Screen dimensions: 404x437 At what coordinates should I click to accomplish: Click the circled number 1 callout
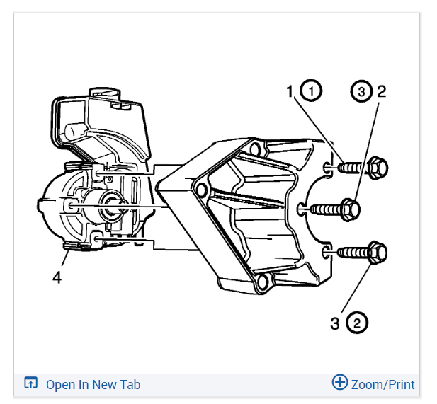(310, 91)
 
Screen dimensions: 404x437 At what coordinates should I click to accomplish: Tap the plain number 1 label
(290, 91)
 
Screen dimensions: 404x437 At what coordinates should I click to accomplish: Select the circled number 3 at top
(361, 91)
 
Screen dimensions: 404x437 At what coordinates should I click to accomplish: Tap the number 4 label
(57, 277)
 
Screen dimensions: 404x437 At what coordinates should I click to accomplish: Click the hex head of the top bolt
(378, 168)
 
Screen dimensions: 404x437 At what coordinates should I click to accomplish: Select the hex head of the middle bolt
(351, 209)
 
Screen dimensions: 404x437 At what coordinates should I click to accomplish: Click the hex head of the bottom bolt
(378, 252)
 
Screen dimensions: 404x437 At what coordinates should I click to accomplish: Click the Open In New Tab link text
(93, 385)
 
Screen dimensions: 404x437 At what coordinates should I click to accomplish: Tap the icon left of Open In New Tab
(30, 383)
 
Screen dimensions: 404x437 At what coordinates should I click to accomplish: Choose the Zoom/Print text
(382, 385)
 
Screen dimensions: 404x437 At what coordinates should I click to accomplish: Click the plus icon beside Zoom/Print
(340, 383)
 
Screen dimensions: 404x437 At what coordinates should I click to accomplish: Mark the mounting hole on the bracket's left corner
(200, 189)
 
